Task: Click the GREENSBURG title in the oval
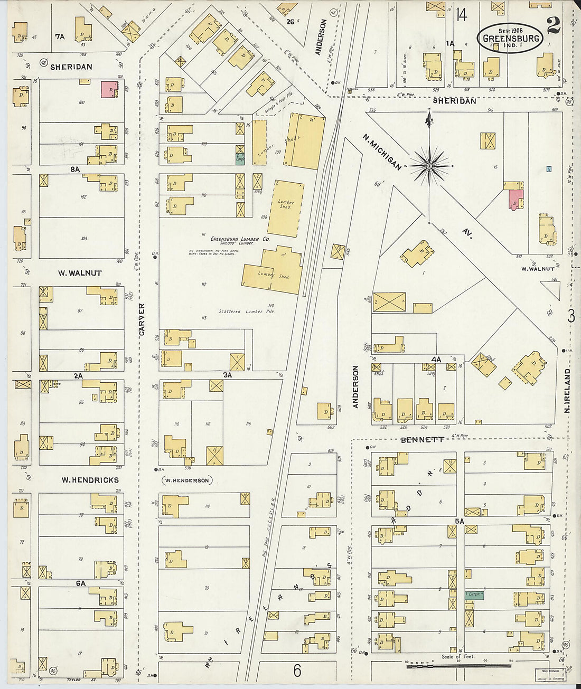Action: [510, 39]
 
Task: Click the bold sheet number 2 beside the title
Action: [554, 25]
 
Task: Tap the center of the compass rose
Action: [429, 166]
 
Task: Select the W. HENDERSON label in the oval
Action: [186, 480]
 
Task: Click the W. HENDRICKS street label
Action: [90, 480]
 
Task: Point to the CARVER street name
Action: [141, 319]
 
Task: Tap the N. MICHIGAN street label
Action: [382, 152]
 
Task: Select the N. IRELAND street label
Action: [568, 391]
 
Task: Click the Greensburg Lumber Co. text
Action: [240, 239]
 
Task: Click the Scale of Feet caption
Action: [458, 657]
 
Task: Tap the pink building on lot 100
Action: [109, 89]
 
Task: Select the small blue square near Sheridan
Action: [549, 169]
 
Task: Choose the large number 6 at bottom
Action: [297, 671]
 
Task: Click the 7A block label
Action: [60, 36]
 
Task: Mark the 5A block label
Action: [459, 521]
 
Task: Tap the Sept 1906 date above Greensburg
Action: [510, 31]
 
